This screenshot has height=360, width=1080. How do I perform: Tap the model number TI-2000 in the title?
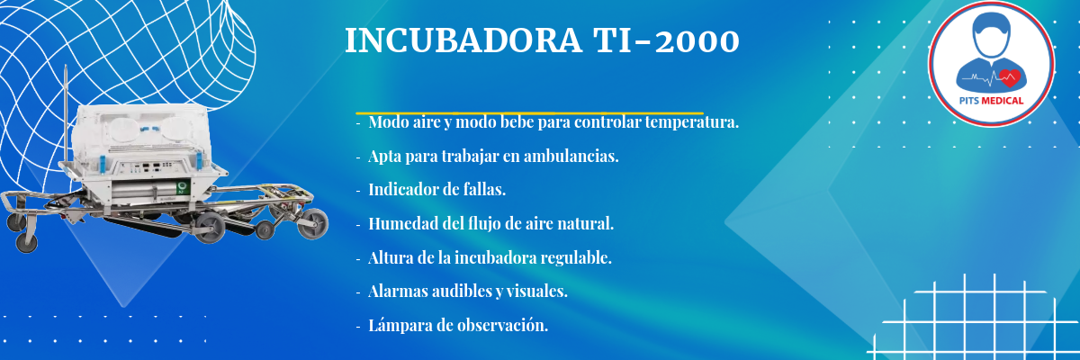click(x=667, y=40)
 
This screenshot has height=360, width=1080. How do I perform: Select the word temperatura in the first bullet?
click(x=692, y=122)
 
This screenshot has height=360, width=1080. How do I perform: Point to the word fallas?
click(x=484, y=189)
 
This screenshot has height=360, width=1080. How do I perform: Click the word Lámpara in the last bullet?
click(x=400, y=326)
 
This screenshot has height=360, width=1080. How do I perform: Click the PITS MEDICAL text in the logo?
click(x=991, y=101)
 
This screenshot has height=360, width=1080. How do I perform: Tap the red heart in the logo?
click(x=1010, y=78)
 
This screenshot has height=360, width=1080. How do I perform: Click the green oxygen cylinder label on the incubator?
click(x=183, y=187)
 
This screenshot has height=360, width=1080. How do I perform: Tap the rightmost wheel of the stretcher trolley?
click(x=313, y=224)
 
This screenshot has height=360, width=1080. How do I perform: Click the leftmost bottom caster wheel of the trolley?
click(x=26, y=242)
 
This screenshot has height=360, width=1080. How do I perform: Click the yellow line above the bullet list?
click(x=529, y=113)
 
